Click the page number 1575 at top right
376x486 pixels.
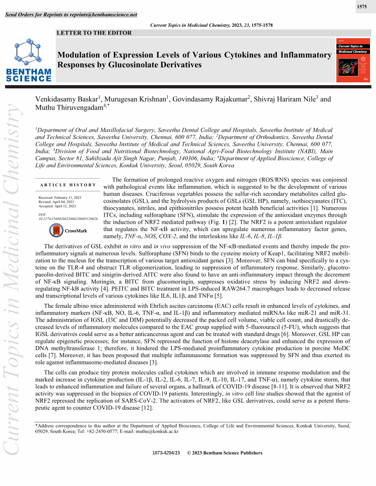(x=362, y=7)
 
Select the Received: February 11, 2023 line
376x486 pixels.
(x=60, y=197)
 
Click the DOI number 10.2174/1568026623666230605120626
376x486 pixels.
(x=68, y=219)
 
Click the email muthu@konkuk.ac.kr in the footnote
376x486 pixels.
(x=161, y=431)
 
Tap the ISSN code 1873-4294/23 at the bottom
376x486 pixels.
(x=166, y=453)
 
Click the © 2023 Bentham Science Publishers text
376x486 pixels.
(x=224, y=453)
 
